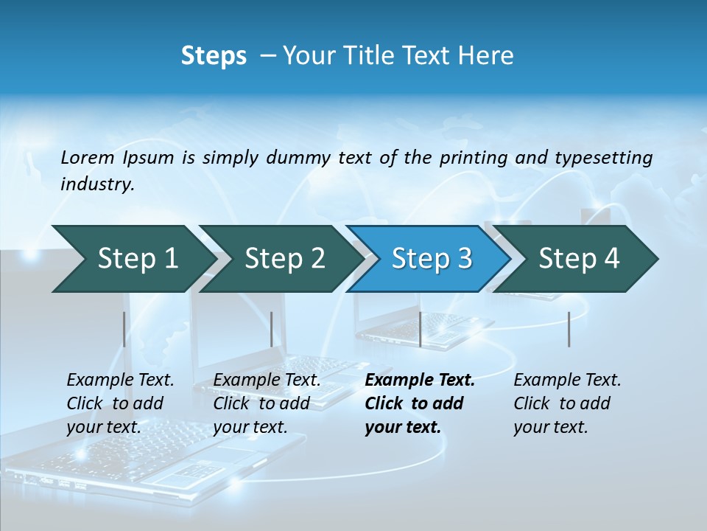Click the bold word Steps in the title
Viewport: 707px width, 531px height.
pos(214,55)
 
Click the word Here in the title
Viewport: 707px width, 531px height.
pos(484,55)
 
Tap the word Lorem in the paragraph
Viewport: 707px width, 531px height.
pos(88,157)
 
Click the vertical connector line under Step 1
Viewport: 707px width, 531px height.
pos(124,329)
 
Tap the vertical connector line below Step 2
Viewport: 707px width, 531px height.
pos(272,329)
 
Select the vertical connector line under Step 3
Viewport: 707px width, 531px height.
pos(420,329)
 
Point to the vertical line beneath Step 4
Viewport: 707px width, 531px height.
pos(569,329)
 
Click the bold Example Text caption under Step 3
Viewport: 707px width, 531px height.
pos(420,403)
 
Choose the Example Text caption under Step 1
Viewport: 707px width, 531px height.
pos(120,403)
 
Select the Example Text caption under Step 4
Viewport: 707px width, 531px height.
pos(567,403)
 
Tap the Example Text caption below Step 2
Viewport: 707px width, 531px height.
pos(267,403)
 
